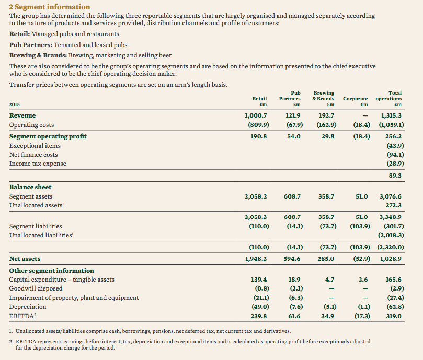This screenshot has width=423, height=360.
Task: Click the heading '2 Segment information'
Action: pyautogui.click(x=50, y=7)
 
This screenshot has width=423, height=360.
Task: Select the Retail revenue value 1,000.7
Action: pyautogui.click(x=256, y=115)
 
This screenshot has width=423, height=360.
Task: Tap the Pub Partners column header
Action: pyautogui.click(x=290, y=98)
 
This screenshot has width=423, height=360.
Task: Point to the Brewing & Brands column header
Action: pyautogui.click(x=323, y=98)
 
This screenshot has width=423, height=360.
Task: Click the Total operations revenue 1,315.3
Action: pyautogui.click(x=391, y=115)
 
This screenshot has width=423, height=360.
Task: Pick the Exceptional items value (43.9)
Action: pyautogui.click(x=395, y=146)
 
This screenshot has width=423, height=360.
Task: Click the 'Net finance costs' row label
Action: pyautogui.click(x=33, y=155)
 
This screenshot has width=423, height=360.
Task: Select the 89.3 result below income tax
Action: pyautogui.click(x=395, y=176)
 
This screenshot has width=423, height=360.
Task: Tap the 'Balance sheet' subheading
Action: pyautogui.click(x=30, y=187)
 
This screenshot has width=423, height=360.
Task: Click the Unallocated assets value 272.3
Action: pyautogui.click(x=394, y=205)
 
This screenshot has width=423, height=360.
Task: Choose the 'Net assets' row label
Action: pyautogui.click(x=25, y=259)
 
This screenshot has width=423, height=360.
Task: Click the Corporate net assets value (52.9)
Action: pyautogui.click(x=362, y=259)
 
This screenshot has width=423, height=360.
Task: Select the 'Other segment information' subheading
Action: pyautogui.click(x=52, y=271)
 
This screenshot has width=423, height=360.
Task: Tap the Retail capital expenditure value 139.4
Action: pyautogui.click(x=259, y=280)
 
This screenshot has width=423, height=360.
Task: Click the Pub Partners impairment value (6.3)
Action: pyautogui.click(x=296, y=298)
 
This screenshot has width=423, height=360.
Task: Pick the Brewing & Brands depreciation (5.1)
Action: pyautogui.click(x=330, y=307)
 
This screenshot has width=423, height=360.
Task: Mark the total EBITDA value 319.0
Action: pyautogui.click(x=394, y=316)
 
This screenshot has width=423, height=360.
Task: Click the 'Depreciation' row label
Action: pyautogui.click(x=28, y=307)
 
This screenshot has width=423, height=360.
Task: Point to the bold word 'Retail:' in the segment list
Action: pyautogui.click(x=19, y=34)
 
